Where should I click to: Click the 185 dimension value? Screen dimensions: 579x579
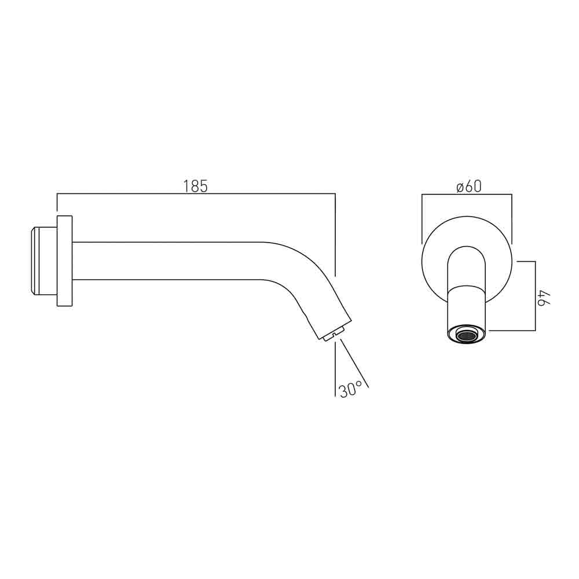[195, 186]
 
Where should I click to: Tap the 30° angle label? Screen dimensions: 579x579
[351, 390]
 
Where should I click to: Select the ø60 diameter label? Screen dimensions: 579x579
[468, 186]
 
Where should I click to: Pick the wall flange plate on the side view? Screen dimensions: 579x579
[64, 261]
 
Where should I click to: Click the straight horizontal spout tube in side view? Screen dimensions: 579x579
[168, 261]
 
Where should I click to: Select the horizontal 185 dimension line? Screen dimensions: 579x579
[195, 196]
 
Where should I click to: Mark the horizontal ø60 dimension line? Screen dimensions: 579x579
[467, 196]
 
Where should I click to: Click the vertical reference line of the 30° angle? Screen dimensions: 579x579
[336, 371]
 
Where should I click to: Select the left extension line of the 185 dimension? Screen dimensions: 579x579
[57, 206]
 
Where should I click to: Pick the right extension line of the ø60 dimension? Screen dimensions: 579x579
[512, 220]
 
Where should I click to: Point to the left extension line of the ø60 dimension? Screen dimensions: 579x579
[422, 220]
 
